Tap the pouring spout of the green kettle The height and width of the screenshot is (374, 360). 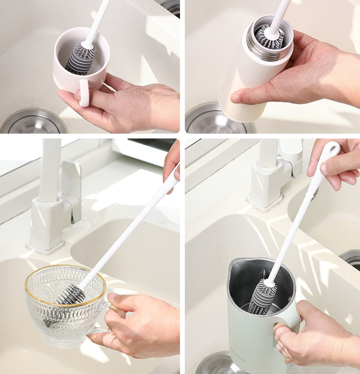(233, 265)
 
